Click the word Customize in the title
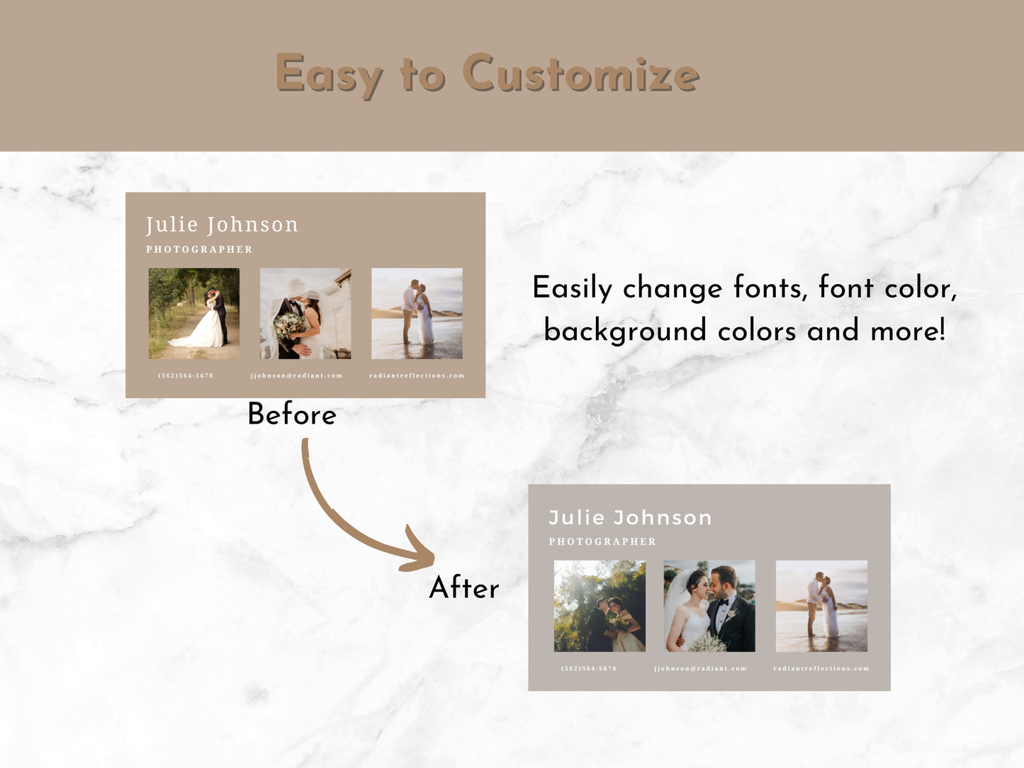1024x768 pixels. coord(580,74)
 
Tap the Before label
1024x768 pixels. coord(291,414)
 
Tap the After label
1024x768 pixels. coord(464,588)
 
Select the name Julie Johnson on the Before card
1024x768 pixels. coord(222,225)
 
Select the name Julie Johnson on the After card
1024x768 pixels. coord(630,517)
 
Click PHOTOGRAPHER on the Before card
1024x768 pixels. coord(199,249)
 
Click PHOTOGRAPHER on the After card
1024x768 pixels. coord(602,541)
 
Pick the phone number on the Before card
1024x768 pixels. coord(186,375)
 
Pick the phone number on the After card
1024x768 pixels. coord(589,668)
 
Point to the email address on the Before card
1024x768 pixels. coord(296,375)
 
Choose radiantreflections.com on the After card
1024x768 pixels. coord(821,668)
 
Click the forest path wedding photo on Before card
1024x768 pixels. coord(193,313)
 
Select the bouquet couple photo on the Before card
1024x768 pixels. coord(305,313)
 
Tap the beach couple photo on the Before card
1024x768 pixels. coord(417,313)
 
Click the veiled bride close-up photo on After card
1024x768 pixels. coord(709,606)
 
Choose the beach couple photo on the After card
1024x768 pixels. coord(821,606)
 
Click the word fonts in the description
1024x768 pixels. coord(770,288)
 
